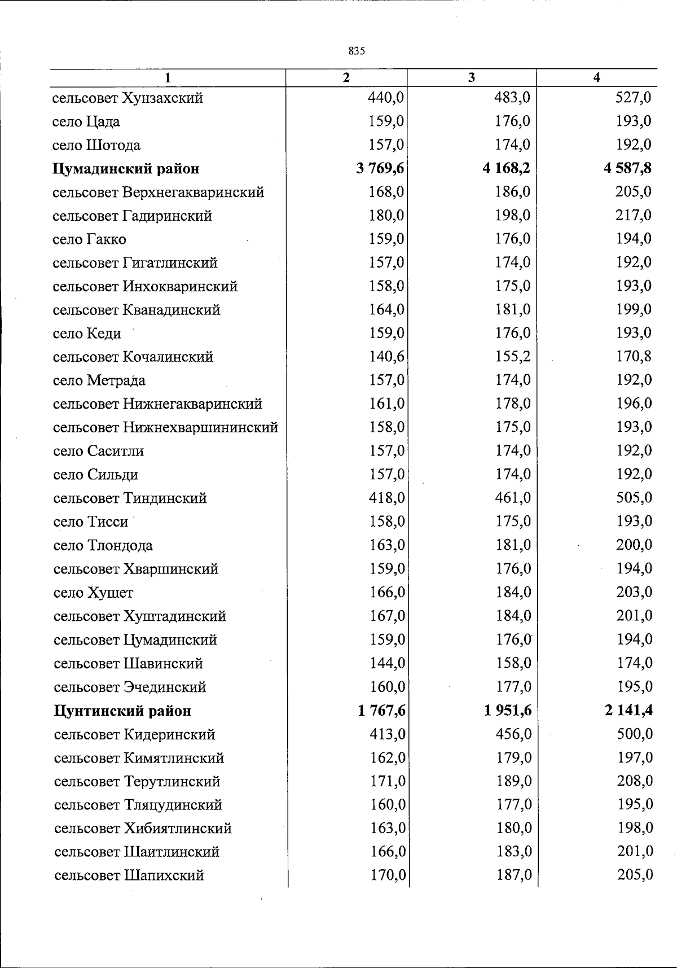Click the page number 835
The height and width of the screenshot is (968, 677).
[357, 51]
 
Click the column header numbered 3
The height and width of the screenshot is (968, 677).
[471, 78]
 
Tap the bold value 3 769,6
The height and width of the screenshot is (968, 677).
[381, 168]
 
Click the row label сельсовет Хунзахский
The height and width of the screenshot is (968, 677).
[128, 98]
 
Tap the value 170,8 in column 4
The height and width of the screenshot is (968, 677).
[634, 356]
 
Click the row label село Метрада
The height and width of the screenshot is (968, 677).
[99, 380]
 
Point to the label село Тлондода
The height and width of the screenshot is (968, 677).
[103, 546]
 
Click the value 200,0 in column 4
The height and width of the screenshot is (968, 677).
[634, 545]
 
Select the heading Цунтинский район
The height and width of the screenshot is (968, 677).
[122, 711]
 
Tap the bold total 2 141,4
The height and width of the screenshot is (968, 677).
[628, 711]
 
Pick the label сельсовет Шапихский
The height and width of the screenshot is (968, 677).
[129, 876]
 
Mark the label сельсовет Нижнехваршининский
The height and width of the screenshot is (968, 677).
[165, 428]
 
